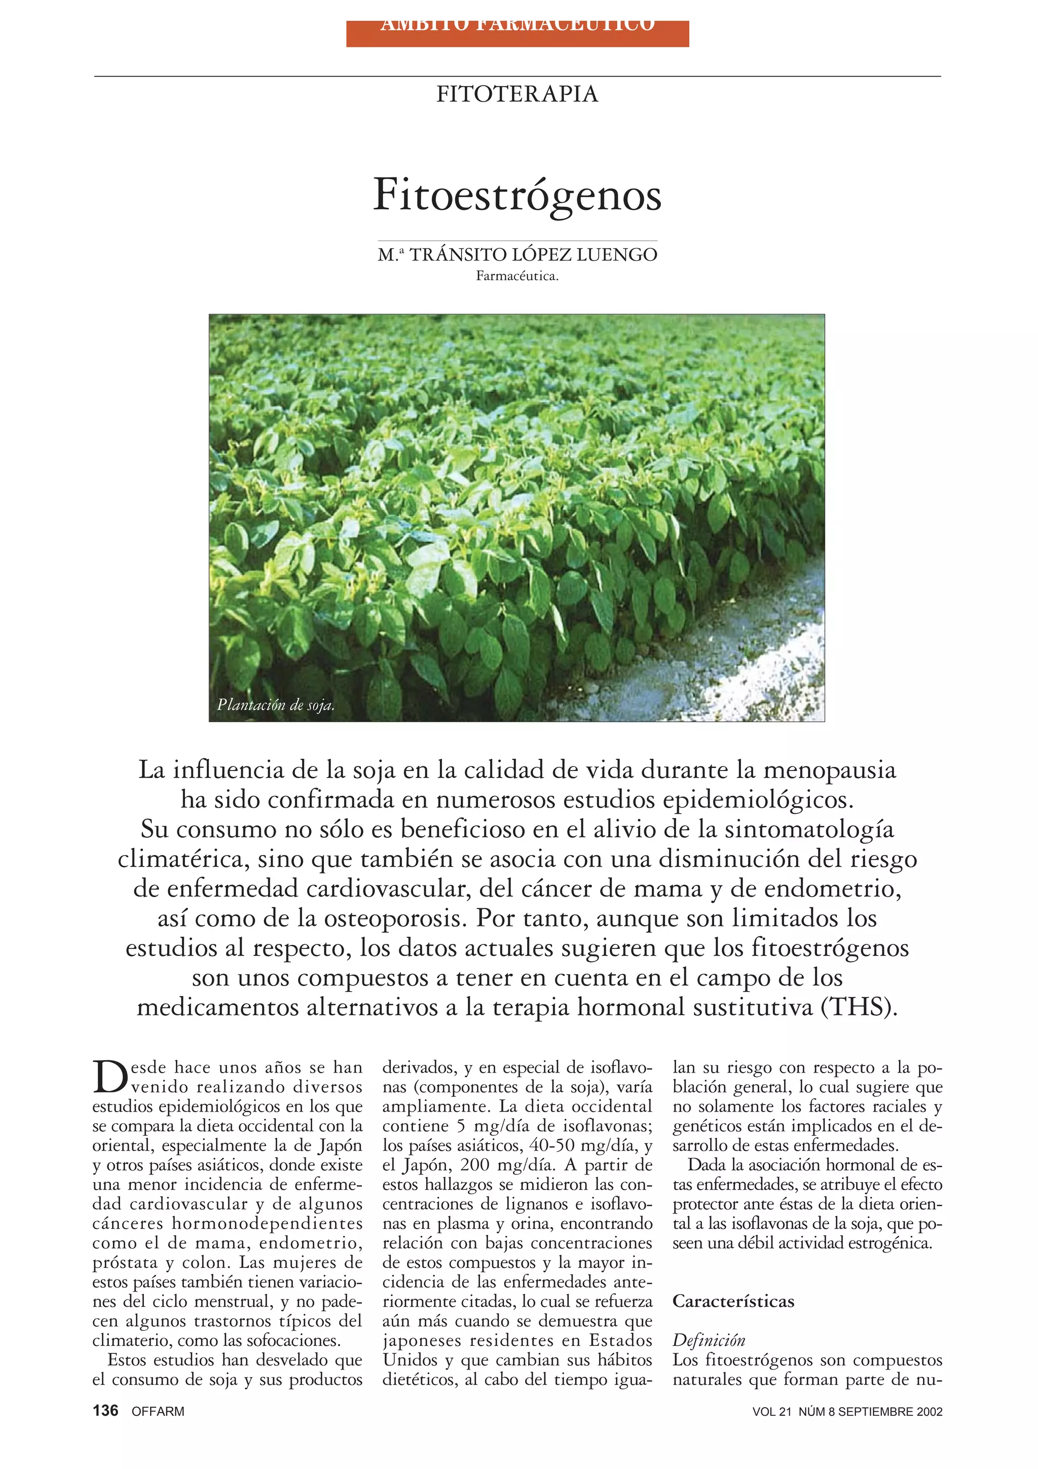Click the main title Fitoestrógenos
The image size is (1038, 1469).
[x=517, y=195]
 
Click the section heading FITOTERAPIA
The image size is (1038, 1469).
[x=517, y=95]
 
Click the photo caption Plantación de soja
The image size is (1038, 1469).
[x=276, y=705]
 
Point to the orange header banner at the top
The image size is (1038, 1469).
[x=517, y=33]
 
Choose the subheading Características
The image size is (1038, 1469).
[x=733, y=1301]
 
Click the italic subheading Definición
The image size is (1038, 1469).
[x=709, y=1340]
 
